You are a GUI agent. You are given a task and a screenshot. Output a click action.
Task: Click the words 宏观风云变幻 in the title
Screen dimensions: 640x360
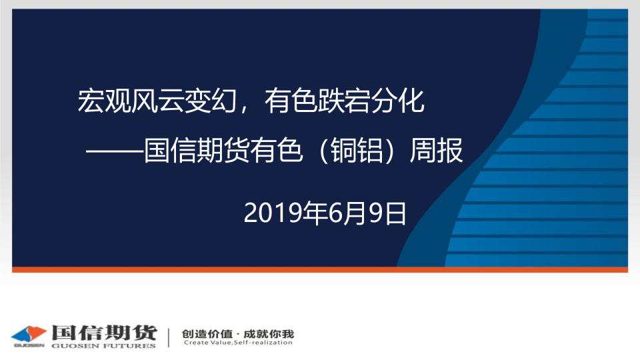point(157,101)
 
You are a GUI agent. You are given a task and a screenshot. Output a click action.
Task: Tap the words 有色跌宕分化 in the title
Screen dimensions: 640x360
point(345,101)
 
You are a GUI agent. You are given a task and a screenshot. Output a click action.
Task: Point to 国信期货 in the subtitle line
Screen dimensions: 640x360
point(196,150)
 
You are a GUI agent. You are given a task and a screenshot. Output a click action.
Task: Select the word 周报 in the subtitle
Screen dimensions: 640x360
point(436,150)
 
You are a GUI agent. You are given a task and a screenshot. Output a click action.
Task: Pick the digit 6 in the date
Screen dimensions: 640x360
point(335,213)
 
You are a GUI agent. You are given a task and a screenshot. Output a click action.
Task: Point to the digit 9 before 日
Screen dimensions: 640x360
point(375,213)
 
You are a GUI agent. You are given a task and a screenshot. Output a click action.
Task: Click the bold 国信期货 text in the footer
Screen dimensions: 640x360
point(104,332)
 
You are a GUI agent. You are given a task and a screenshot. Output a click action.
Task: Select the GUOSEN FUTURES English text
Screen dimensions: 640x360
point(104,346)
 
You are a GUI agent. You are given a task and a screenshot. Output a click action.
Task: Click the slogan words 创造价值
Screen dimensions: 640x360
point(207,334)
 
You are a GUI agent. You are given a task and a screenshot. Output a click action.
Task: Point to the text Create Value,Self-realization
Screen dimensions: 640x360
point(238,343)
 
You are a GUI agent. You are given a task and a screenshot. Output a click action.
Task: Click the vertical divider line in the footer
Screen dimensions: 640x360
point(169,337)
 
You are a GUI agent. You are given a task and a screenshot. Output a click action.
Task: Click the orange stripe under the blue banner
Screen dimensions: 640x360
point(320,269)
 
